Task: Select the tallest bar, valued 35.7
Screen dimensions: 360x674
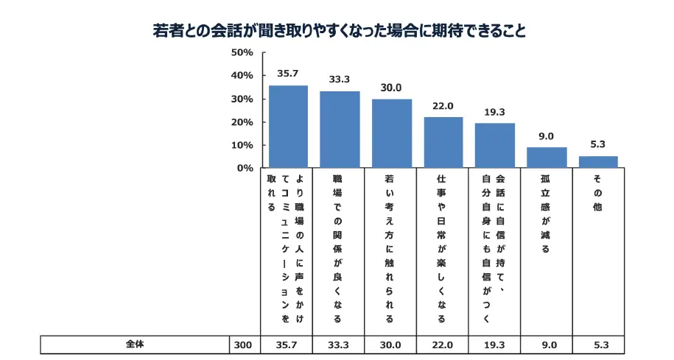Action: [x=288, y=127]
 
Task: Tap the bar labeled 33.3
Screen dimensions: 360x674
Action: [x=340, y=130]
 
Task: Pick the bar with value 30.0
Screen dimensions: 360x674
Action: [x=391, y=133]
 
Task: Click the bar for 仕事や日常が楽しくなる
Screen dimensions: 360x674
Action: [x=443, y=143]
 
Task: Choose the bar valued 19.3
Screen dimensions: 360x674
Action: [x=494, y=146]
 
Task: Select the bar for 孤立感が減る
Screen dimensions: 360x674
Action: [x=547, y=158]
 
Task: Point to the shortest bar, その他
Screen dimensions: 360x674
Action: [x=598, y=162]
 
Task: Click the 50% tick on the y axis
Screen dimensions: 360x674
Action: [x=242, y=52]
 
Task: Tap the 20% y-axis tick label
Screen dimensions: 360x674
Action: [x=242, y=122]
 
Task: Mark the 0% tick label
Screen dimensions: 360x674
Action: [x=245, y=169]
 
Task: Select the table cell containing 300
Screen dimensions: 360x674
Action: [x=242, y=345]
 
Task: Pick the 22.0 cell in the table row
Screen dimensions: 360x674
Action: [x=443, y=345]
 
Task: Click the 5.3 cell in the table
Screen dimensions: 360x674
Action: [x=598, y=345]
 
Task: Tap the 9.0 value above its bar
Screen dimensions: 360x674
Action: [x=547, y=135]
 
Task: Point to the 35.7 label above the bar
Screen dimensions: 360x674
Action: [x=288, y=74]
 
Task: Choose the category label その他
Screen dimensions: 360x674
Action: [x=597, y=193]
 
